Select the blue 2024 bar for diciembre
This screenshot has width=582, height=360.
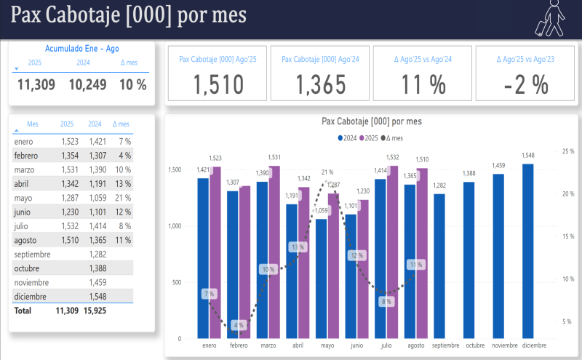tap(528, 251)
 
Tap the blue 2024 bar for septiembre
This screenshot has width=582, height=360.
tap(439, 265)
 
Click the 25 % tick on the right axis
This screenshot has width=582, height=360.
tap(568, 151)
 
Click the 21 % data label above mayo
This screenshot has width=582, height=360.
tap(327, 172)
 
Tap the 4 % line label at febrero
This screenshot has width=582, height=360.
tap(237, 324)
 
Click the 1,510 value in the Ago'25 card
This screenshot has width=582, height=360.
tap(218, 85)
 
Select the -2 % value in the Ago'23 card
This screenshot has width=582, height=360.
tap(526, 85)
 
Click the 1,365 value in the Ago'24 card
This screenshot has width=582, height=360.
tap(320, 85)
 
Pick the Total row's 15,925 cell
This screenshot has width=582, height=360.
tap(94, 311)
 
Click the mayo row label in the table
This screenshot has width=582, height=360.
tap(23, 198)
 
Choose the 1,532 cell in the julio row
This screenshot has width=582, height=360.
tap(69, 226)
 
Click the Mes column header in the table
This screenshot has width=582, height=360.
tap(33, 124)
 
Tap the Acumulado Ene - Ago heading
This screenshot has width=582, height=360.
tap(81, 48)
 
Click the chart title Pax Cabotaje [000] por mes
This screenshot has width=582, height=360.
tap(371, 121)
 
